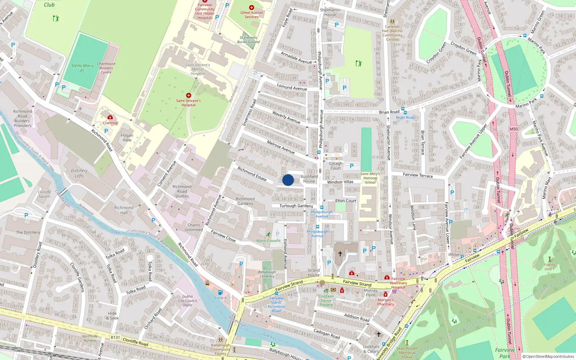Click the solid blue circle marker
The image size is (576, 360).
click(288, 180)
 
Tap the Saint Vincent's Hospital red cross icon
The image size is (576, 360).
click(188, 95)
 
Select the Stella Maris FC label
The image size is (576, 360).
click(82, 68)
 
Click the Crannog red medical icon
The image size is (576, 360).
click(110, 117)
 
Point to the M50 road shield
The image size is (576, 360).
click(513, 129)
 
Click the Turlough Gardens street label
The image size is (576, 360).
click(296, 206)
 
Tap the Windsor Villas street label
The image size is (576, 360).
click(340, 182)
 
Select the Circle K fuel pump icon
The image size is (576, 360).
click(220, 292)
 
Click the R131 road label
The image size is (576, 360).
click(115, 337)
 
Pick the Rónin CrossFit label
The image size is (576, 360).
click(268, 240)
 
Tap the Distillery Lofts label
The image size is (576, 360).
click(79, 173)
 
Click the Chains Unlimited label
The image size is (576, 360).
click(194, 227)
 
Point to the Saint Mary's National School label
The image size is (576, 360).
click(370, 178)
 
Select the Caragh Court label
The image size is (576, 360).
click(336, 166)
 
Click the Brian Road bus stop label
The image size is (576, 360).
click(405, 117)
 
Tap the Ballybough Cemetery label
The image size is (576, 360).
click(267, 274)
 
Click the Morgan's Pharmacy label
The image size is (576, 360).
click(386, 302)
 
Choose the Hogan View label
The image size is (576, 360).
click(127, 138)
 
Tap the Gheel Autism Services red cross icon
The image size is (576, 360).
click(252, 8)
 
